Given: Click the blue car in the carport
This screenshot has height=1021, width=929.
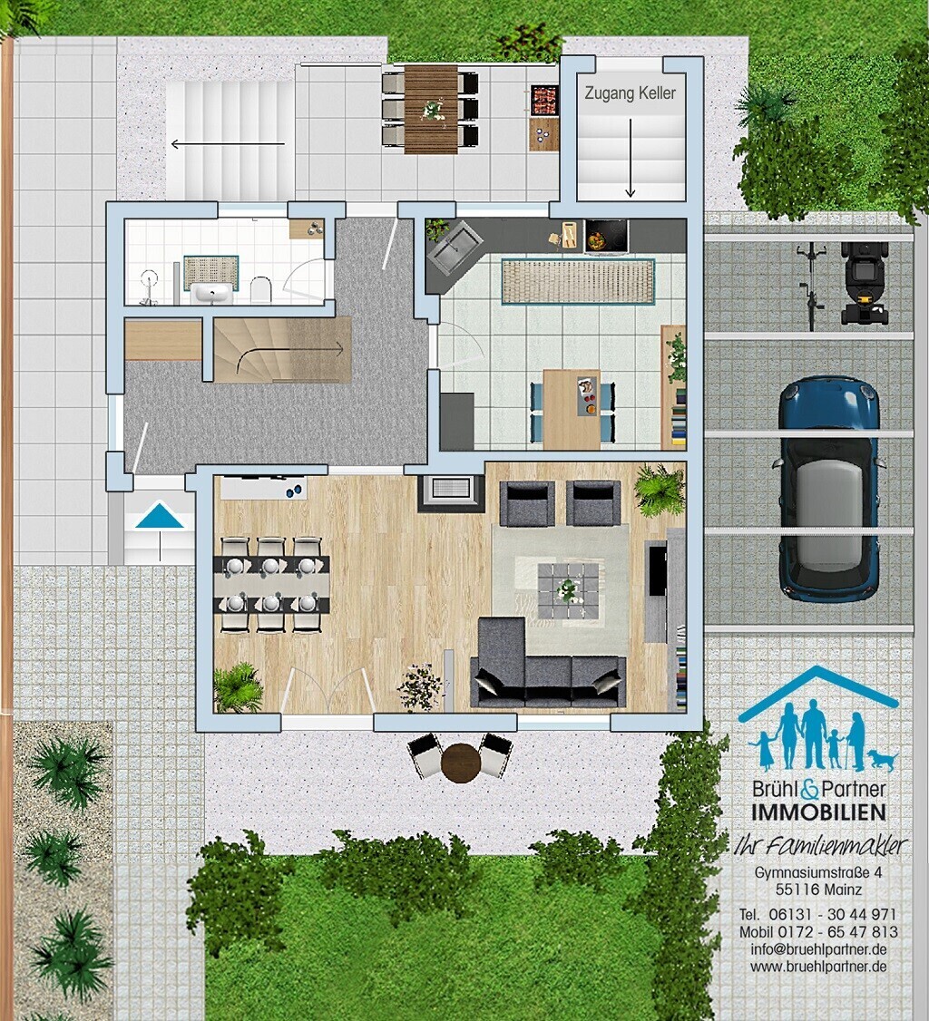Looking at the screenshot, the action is tap(828, 489).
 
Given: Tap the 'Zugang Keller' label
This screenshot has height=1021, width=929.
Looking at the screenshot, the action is tap(630, 93).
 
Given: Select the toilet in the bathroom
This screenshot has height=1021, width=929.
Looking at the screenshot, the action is tap(260, 289).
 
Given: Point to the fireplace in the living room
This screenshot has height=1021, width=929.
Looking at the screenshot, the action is tap(452, 489).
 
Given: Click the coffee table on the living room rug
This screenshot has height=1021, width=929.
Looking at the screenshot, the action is tap(568, 590).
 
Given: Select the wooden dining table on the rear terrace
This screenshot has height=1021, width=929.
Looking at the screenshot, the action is tap(431, 109).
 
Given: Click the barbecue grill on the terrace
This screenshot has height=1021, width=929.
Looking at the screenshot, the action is tap(544, 101).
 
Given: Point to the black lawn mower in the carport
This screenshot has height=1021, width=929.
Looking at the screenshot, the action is tap(864, 283).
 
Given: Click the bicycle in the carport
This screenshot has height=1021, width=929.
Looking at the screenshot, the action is tap(810, 286).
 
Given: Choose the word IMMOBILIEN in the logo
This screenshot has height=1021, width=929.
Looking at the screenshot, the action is tap(818, 812).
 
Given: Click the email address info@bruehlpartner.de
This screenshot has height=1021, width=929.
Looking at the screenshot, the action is tap(818, 948).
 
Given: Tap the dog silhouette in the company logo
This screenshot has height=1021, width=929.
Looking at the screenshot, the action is tap(883, 759).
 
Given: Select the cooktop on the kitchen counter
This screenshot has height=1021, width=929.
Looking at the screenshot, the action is tap(607, 235).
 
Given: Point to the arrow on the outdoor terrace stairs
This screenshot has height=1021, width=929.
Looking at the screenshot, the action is tap(228, 143).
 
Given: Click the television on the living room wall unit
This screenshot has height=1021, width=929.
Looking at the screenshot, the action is tap(658, 571).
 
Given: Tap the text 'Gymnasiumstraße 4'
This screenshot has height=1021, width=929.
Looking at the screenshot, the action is tap(818, 872).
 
